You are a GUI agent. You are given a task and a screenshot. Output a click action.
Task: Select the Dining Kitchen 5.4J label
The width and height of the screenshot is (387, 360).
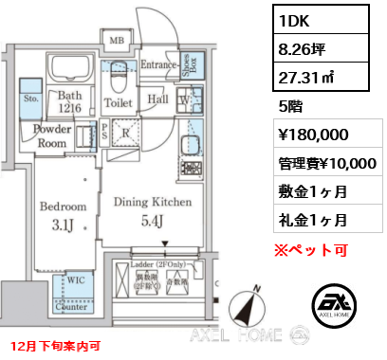(x=153, y=210)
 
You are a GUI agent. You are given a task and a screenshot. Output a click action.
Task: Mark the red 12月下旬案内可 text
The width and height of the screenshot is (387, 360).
(x=55, y=346)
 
